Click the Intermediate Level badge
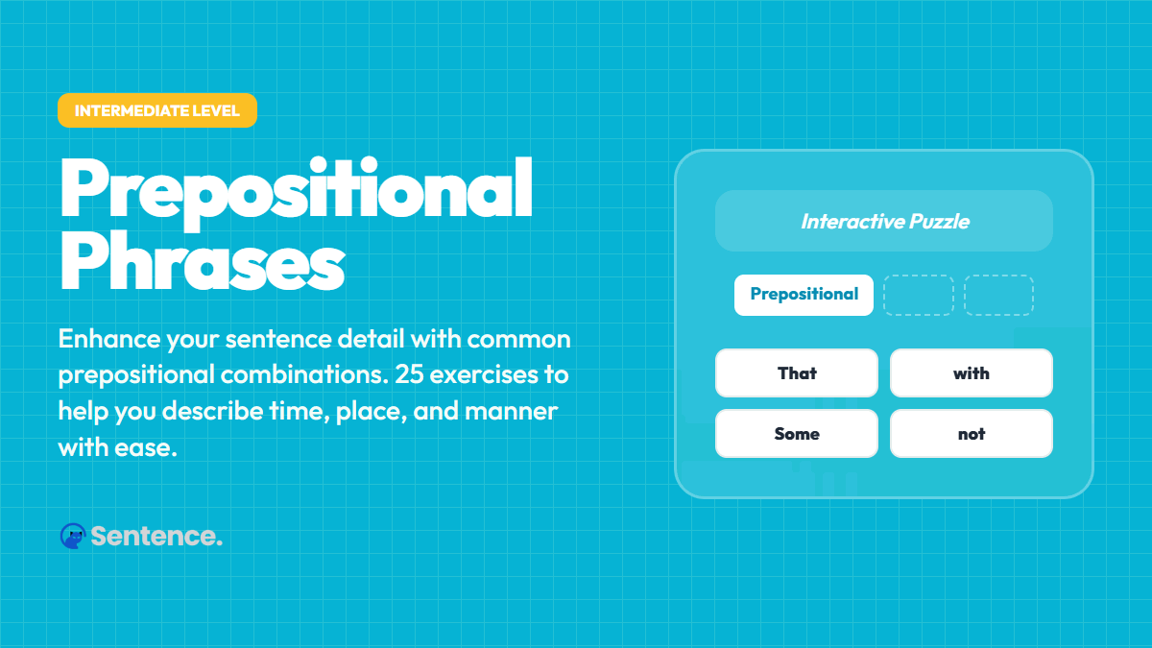(x=157, y=110)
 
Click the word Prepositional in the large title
(x=296, y=189)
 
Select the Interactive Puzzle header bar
(x=884, y=221)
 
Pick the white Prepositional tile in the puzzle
(x=804, y=295)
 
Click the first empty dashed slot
(x=918, y=295)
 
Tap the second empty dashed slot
(x=998, y=295)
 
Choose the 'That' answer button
(x=797, y=372)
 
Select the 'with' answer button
(x=972, y=372)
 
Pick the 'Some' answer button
(x=797, y=434)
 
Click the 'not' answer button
(x=972, y=434)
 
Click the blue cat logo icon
(x=72, y=536)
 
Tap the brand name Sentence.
(x=156, y=536)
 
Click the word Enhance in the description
(x=107, y=339)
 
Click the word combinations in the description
(x=292, y=374)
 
